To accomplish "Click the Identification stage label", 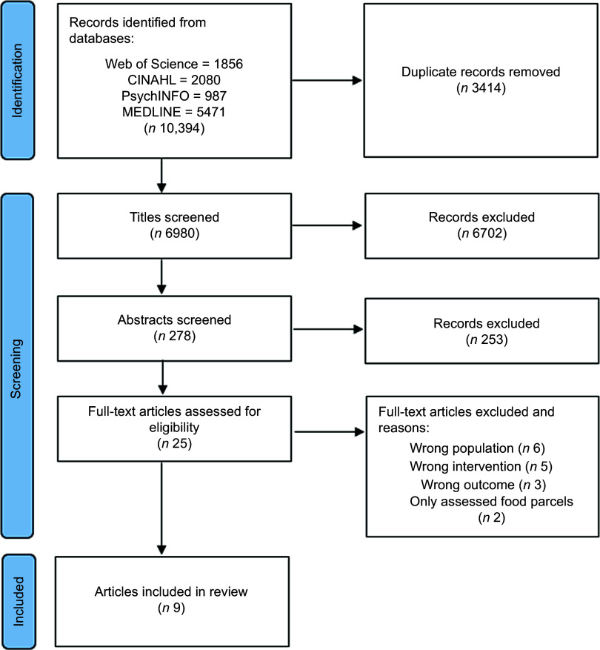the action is click(x=17, y=81).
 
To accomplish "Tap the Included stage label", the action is click(x=19, y=601).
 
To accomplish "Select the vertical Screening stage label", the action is click(x=16, y=369).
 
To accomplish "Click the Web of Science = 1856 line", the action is click(x=174, y=64).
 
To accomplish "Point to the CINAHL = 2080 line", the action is click(x=174, y=80).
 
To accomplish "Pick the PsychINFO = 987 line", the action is click(x=174, y=96).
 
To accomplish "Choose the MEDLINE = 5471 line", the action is click(x=174, y=112).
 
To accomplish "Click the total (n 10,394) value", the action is click(x=175, y=128).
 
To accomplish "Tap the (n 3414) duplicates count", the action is click(x=481, y=88).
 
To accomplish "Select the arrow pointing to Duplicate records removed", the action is click(x=327, y=81).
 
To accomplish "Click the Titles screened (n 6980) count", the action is click(x=175, y=233).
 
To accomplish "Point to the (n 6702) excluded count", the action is click(x=482, y=233).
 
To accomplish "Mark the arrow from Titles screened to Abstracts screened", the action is click(x=161, y=277).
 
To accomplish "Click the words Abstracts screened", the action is click(x=175, y=319).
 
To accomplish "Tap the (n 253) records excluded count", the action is click(x=487, y=339).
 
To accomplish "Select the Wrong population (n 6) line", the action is click(x=477, y=448).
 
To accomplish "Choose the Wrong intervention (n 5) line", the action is click(x=481, y=466).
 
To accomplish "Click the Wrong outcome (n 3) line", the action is click(x=484, y=485).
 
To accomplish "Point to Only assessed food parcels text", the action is click(x=491, y=502).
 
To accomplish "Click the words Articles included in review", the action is click(x=171, y=591).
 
